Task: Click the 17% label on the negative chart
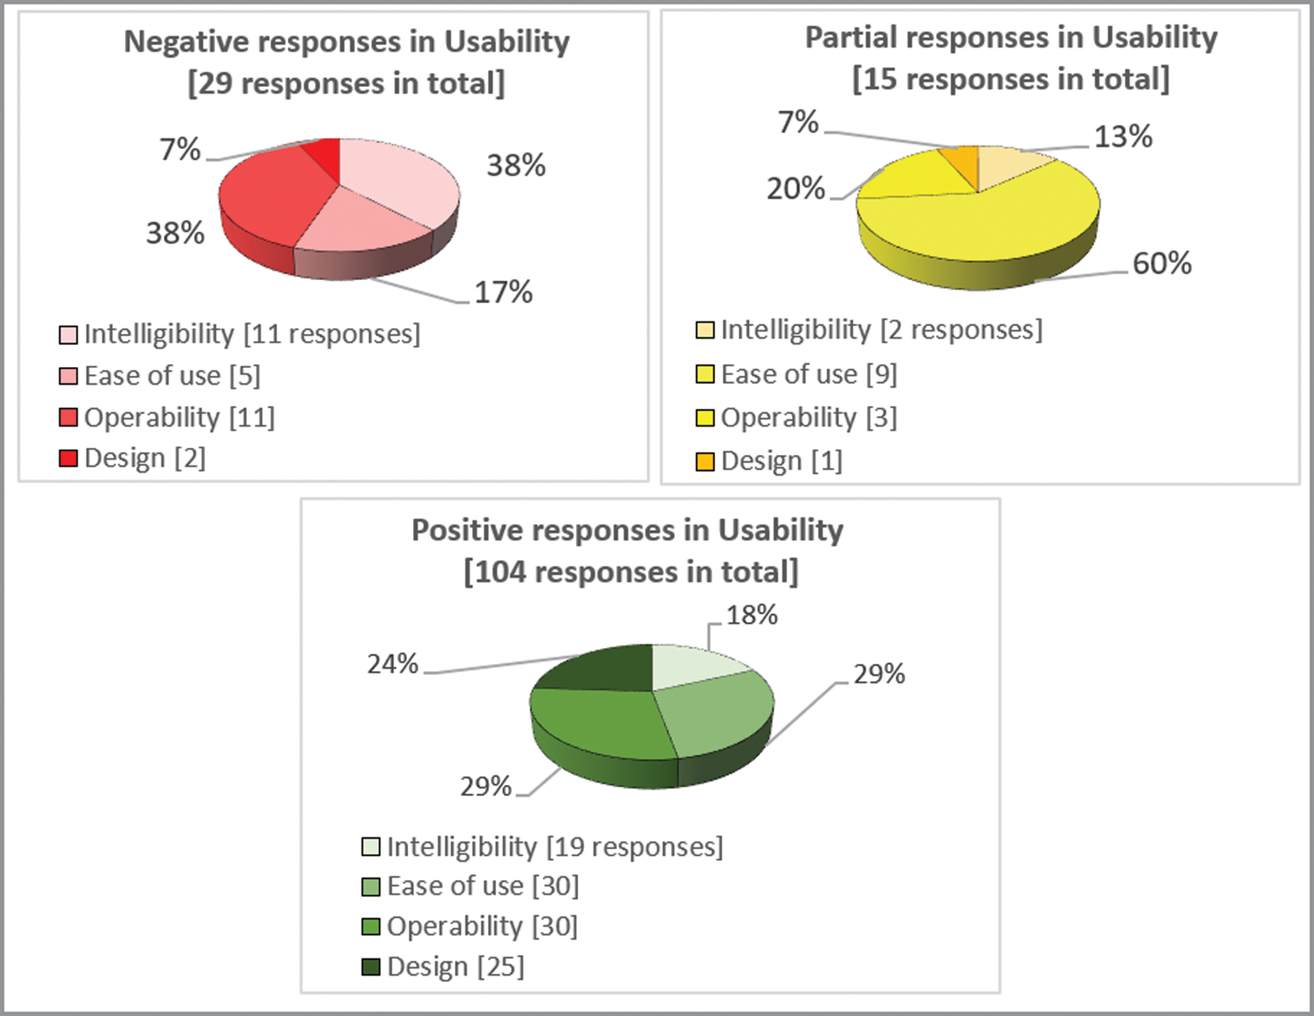(503, 293)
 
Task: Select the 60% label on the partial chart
(1161, 263)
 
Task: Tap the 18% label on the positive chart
(752, 615)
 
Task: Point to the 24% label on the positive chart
(392, 664)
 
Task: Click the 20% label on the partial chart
(795, 189)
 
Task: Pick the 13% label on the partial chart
(1123, 137)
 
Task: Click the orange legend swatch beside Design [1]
(705, 461)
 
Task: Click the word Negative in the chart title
(184, 42)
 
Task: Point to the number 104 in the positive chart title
(500, 572)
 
